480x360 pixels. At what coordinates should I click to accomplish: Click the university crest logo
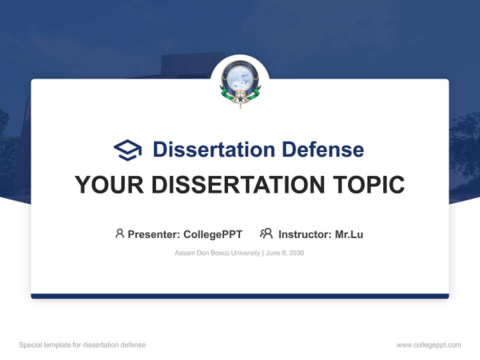point(240,83)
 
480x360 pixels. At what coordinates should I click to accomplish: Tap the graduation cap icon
point(127,149)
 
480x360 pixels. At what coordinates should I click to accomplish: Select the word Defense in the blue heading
point(322,149)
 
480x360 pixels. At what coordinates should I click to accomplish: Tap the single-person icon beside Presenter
point(119,233)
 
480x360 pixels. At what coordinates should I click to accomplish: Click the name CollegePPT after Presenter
point(212,234)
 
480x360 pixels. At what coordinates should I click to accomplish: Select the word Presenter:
point(154,234)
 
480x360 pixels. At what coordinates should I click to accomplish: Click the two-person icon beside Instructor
point(266,233)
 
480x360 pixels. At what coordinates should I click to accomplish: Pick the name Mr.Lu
point(349,234)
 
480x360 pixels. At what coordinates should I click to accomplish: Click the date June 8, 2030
point(285,253)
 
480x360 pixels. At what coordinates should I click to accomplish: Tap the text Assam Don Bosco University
point(217,253)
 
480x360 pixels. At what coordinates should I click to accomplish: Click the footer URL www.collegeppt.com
point(428,345)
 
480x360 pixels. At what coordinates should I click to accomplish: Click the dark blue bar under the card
point(240,296)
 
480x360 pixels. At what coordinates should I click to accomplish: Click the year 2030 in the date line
point(296,253)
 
